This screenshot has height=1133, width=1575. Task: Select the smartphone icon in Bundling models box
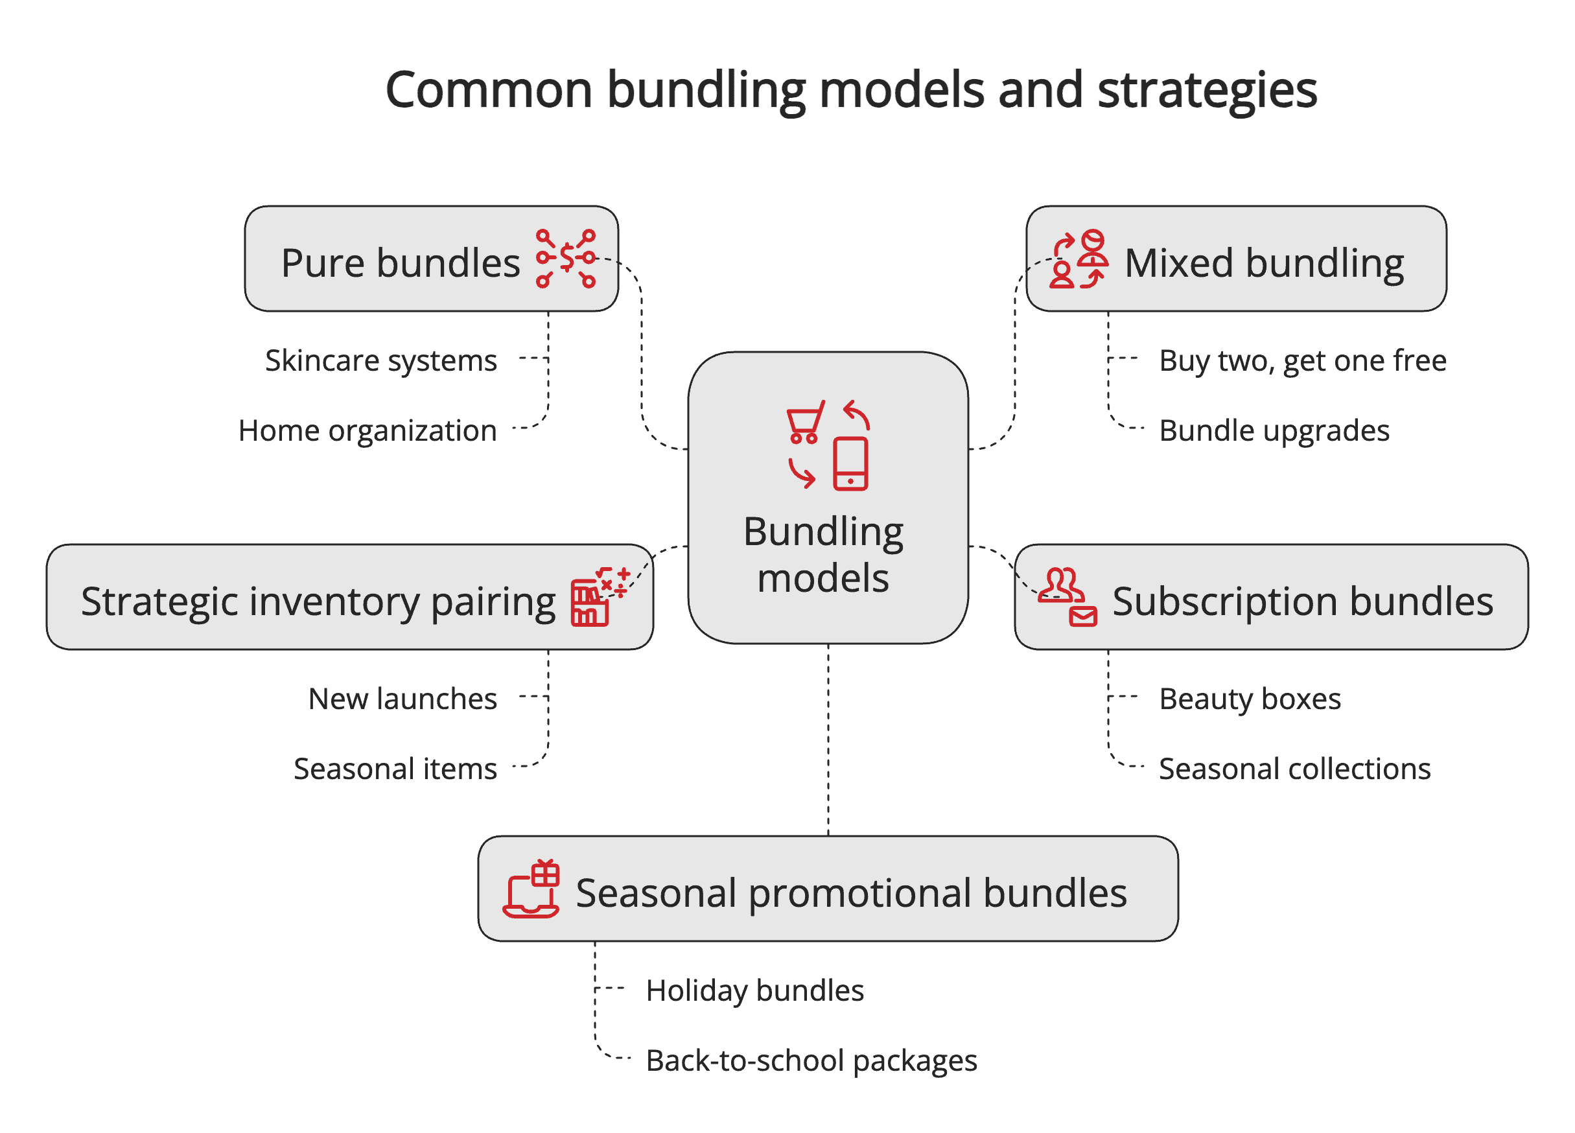[850, 464]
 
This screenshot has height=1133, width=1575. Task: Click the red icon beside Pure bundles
[566, 259]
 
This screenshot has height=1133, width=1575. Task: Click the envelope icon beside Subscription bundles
[1082, 616]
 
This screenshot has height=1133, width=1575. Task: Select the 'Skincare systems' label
[380, 360]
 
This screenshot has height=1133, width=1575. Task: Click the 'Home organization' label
[367, 430]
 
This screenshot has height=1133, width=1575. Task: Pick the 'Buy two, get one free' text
[1302, 360]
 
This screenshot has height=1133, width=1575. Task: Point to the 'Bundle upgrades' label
[1274, 430]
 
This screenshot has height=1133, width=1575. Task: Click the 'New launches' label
[402, 699]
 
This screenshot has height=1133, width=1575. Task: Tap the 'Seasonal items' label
[395, 769]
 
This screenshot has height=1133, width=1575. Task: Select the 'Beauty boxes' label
[1250, 699]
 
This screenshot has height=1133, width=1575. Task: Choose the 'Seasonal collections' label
[1294, 769]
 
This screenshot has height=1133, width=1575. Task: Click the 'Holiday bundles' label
[755, 990]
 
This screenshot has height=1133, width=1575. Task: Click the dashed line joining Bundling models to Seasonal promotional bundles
[828, 740]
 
